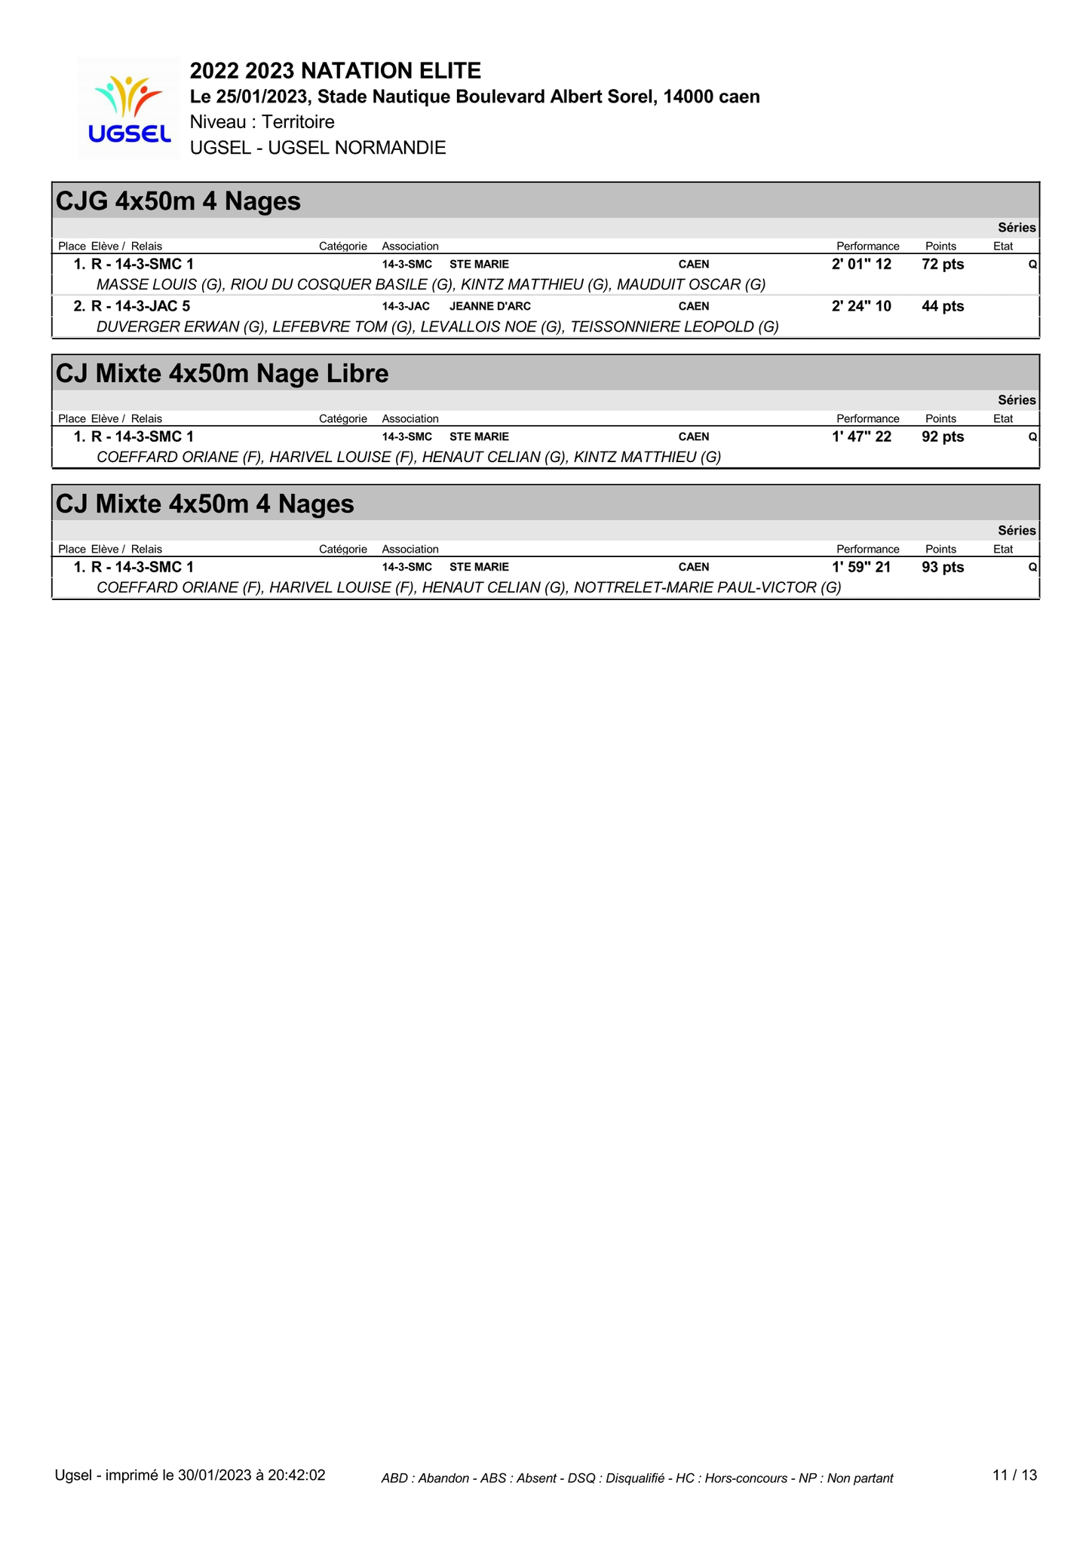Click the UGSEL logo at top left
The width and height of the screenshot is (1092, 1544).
point(129,109)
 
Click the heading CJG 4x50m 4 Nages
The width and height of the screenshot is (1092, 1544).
point(179,201)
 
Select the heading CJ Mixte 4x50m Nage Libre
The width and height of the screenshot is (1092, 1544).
point(222,373)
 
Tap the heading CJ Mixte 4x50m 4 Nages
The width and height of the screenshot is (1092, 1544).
point(205,504)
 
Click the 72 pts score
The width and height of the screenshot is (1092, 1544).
point(943,265)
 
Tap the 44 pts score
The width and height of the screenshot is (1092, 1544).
point(943,307)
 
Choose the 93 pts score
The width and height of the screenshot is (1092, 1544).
point(943,568)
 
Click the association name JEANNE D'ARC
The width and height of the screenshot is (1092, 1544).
point(490,307)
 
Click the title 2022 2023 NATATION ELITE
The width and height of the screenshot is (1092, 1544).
point(336,71)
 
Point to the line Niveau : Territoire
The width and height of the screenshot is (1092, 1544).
point(262,122)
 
